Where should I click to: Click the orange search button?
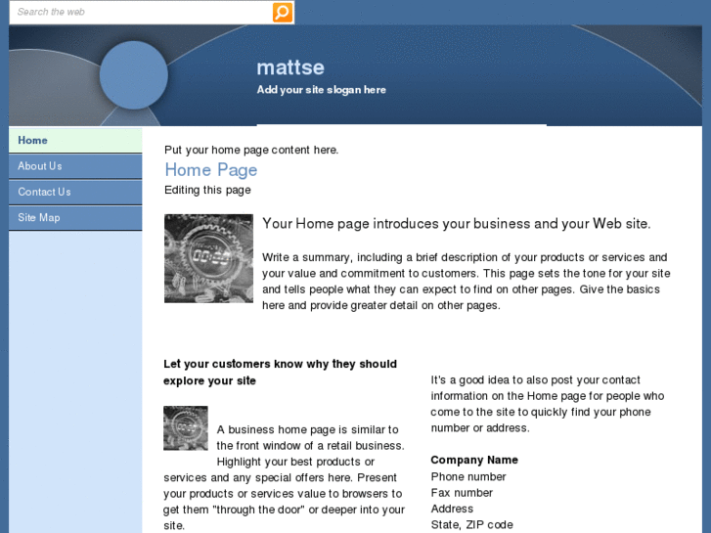click(282, 13)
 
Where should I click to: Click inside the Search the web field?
click(141, 13)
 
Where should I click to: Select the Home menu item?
click(75, 140)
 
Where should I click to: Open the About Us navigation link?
click(75, 166)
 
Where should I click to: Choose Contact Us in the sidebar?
click(75, 192)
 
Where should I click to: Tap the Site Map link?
click(75, 218)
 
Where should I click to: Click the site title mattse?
click(290, 67)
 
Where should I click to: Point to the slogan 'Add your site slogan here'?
click(322, 90)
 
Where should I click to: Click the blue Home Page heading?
click(211, 170)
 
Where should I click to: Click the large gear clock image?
click(208, 258)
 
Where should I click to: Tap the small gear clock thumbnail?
click(186, 428)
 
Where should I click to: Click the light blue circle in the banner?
click(134, 75)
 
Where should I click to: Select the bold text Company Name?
click(474, 460)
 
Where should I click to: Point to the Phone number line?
click(468, 476)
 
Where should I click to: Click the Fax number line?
click(462, 493)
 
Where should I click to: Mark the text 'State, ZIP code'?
click(472, 525)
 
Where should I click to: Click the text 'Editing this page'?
click(207, 190)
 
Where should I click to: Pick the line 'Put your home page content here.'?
click(251, 151)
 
